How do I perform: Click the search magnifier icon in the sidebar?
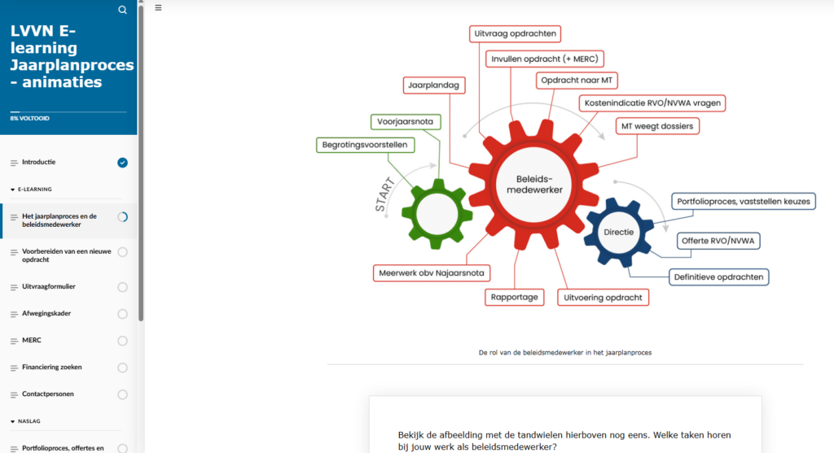pyautogui.click(x=122, y=10)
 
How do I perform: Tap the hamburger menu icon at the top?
pyautogui.click(x=158, y=7)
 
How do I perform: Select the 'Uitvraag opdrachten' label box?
pyautogui.click(x=515, y=33)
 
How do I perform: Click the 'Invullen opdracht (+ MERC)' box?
pyautogui.click(x=545, y=59)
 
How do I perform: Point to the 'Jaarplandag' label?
pyautogui.click(x=434, y=85)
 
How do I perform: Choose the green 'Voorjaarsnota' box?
pyautogui.click(x=406, y=122)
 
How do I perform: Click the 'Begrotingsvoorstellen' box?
pyautogui.click(x=365, y=145)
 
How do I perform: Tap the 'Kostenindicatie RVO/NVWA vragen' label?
pyautogui.click(x=652, y=103)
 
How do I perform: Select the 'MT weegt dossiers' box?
pyautogui.click(x=657, y=126)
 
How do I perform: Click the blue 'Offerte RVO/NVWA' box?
pyautogui.click(x=718, y=241)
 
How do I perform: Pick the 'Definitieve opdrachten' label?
pyautogui.click(x=718, y=277)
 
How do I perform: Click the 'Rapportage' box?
pyautogui.click(x=515, y=297)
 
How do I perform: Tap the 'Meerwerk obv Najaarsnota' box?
pyautogui.click(x=432, y=273)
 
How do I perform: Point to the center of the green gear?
pyautogui.click(x=437, y=214)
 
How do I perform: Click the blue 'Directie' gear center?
pyautogui.click(x=619, y=233)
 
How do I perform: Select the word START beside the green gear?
pyautogui.click(x=385, y=195)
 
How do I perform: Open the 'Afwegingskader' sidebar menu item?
pyautogui.click(x=46, y=313)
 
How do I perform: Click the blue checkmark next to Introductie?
pyautogui.click(x=122, y=163)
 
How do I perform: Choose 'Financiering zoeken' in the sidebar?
pyautogui.click(x=52, y=367)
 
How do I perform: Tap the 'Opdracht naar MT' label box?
pyautogui.click(x=577, y=81)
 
